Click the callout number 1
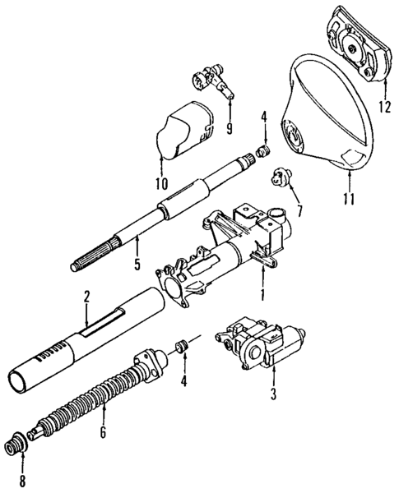[262, 293]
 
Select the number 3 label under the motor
[272, 393]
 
